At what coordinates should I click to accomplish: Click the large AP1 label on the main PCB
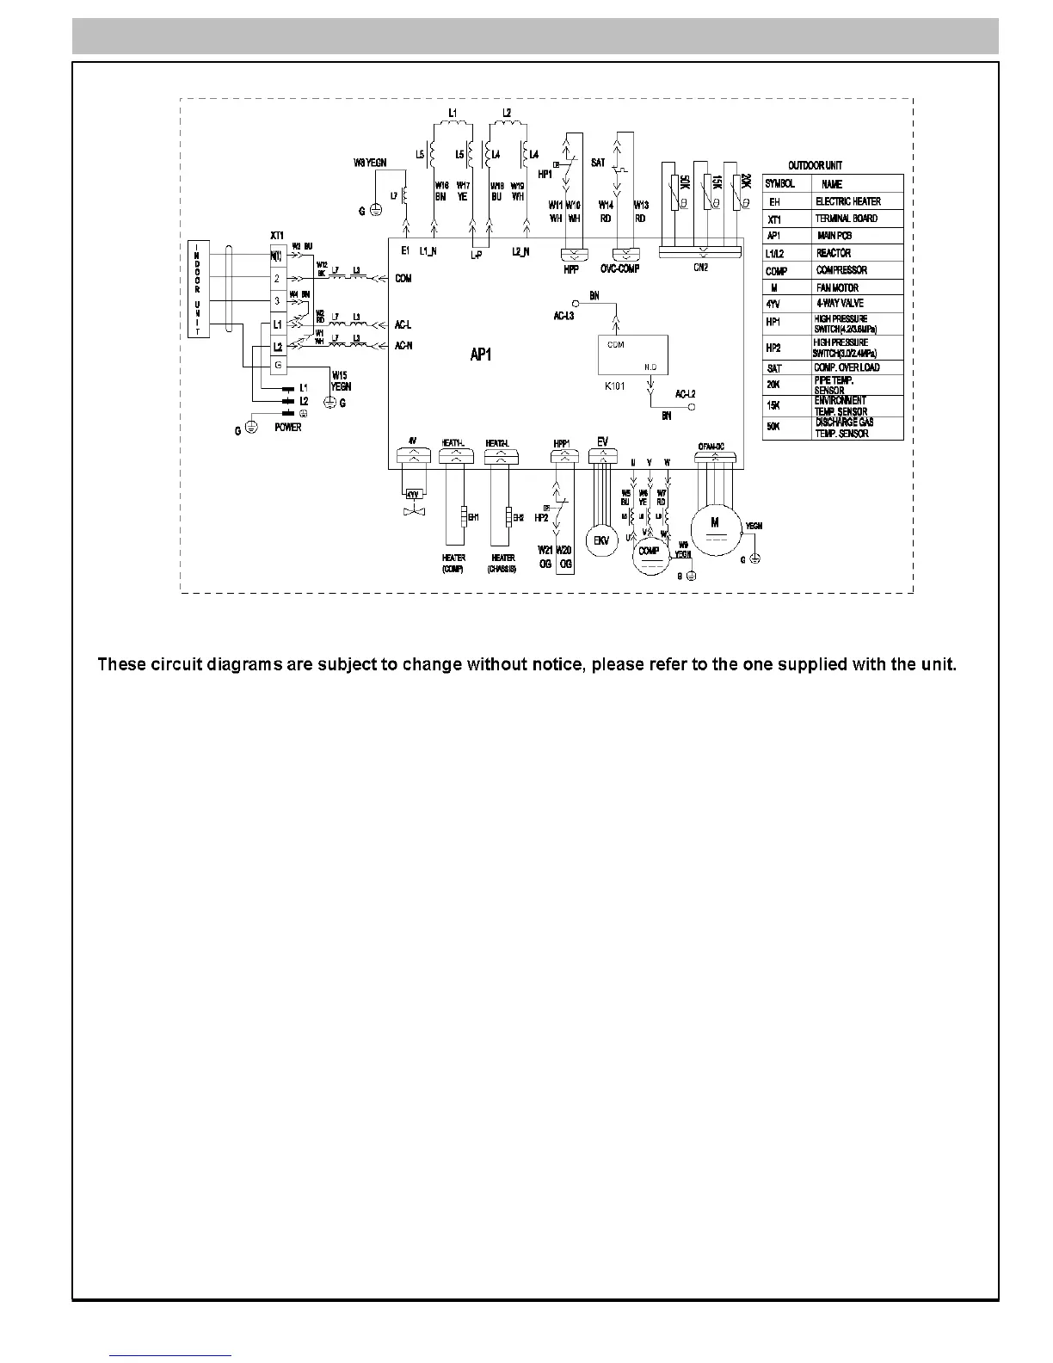click(x=480, y=355)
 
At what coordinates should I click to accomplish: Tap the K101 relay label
click(x=616, y=386)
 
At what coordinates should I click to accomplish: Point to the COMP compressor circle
click(x=650, y=552)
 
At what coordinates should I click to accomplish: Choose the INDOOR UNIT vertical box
click(x=198, y=289)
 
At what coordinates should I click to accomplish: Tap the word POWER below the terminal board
click(x=287, y=428)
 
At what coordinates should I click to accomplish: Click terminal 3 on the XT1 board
click(x=277, y=301)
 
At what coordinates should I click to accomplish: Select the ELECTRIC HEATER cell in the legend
click(x=847, y=201)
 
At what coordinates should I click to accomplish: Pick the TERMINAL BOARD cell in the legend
click(x=847, y=219)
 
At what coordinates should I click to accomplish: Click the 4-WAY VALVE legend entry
click(x=840, y=304)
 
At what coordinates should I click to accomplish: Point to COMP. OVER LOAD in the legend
click(x=847, y=367)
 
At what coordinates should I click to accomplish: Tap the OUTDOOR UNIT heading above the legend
click(x=815, y=165)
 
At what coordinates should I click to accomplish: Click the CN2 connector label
click(x=701, y=268)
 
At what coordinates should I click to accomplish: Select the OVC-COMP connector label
click(x=619, y=269)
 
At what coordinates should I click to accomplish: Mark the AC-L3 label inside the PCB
click(x=563, y=317)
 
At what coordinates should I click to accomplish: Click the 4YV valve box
click(x=413, y=495)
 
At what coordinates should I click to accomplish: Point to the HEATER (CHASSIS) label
click(x=503, y=564)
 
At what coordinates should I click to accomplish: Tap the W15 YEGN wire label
click(x=341, y=381)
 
